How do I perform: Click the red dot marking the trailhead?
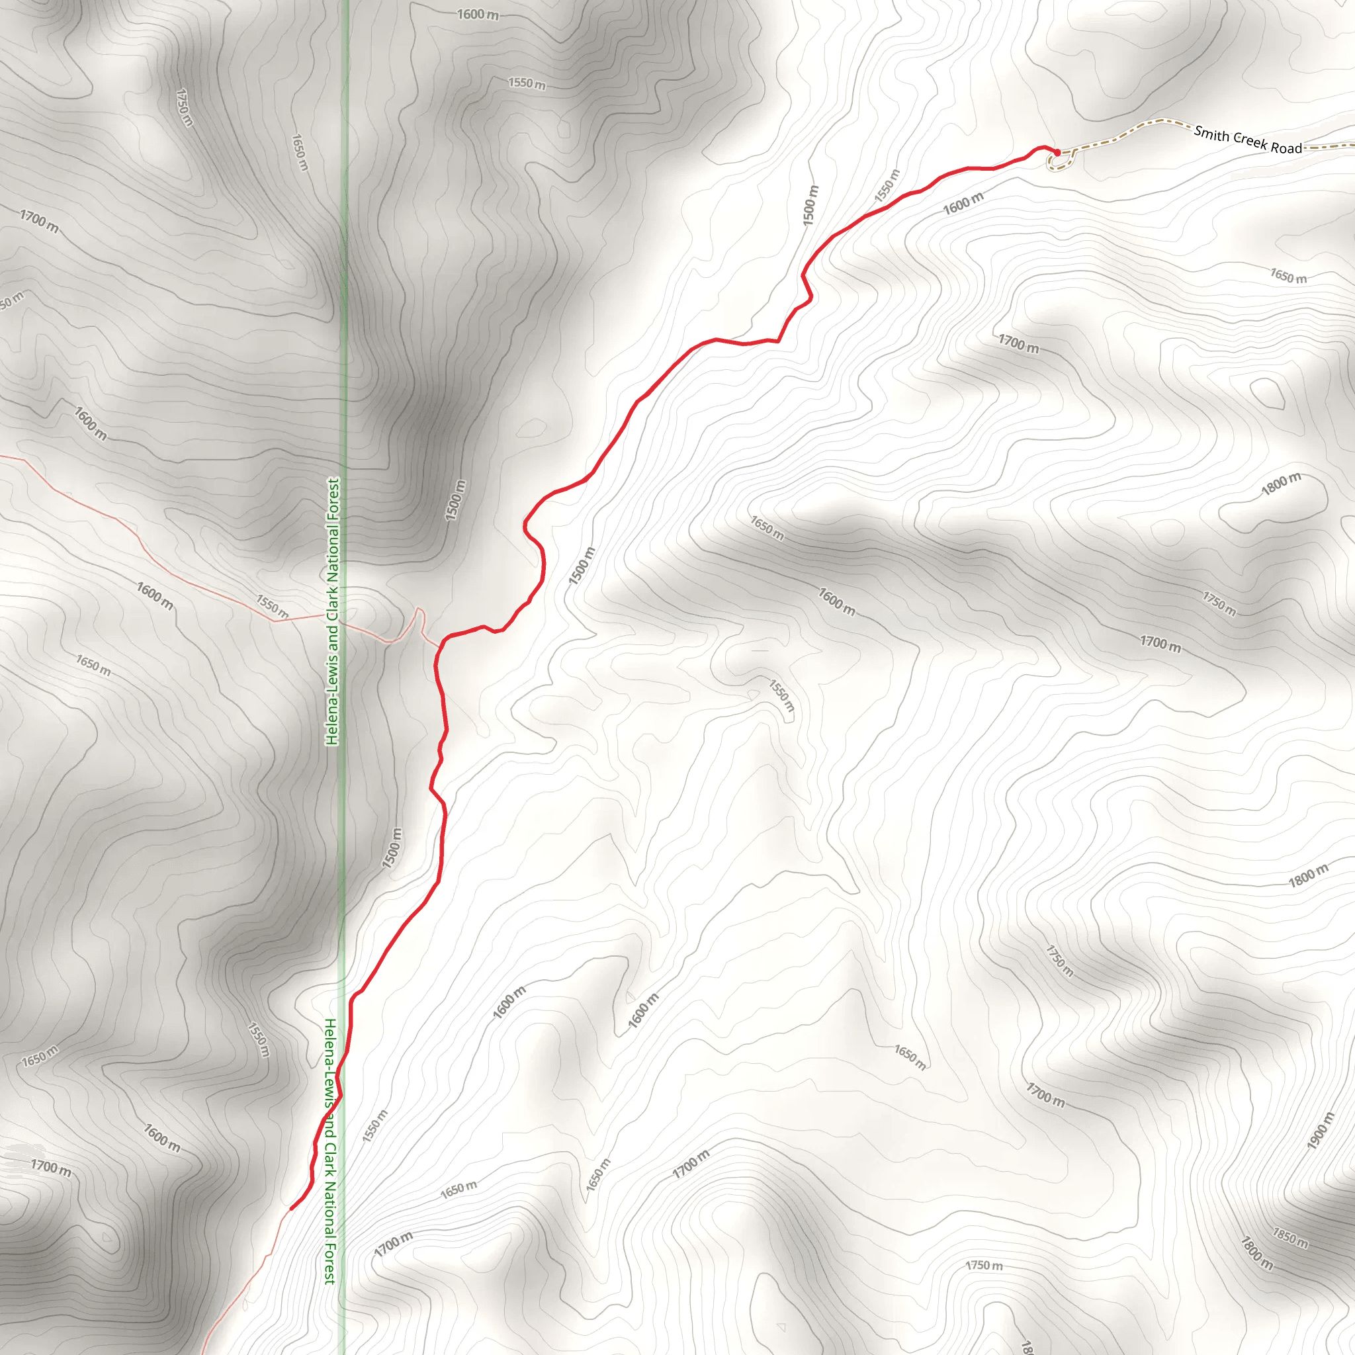[1057, 152]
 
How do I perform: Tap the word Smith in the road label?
[1211, 133]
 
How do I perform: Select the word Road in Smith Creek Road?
[1286, 148]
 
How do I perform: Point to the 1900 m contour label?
[1320, 1131]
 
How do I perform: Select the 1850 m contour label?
[1290, 1238]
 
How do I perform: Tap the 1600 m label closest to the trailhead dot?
[963, 204]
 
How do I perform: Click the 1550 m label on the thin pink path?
[272, 606]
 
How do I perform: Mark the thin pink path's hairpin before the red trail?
[419, 611]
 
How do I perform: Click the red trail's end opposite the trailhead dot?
[291, 1208]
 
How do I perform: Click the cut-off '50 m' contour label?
[11, 300]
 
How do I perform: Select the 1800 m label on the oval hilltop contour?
[1281, 484]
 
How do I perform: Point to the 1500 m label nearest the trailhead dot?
[810, 206]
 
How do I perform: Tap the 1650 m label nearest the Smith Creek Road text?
[1288, 277]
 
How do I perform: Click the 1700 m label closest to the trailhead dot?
[1018, 343]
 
